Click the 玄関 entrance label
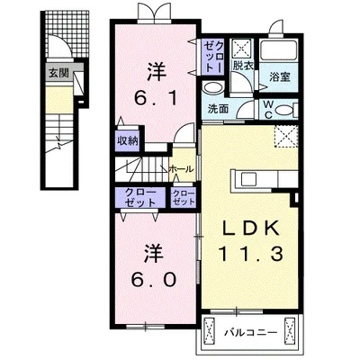[x=58, y=73]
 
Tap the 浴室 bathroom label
[x=279, y=77]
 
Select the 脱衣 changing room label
[x=243, y=66]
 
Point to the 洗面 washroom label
[x=218, y=109]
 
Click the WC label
[x=268, y=110]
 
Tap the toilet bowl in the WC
[x=284, y=110]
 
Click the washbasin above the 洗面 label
[x=211, y=88]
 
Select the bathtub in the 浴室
[x=279, y=49]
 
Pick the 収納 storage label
[x=128, y=140]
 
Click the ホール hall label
[x=181, y=169]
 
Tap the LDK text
[x=250, y=229]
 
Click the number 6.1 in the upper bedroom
[x=156, y=99]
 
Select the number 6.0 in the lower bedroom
[x=153, y=280]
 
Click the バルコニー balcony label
[x=251, y=333]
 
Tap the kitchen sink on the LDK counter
[x=248, y=180]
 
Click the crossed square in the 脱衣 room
[x=242, y=49]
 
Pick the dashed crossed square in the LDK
[x=286, y=137]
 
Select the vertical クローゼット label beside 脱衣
[x=214, y=57]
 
